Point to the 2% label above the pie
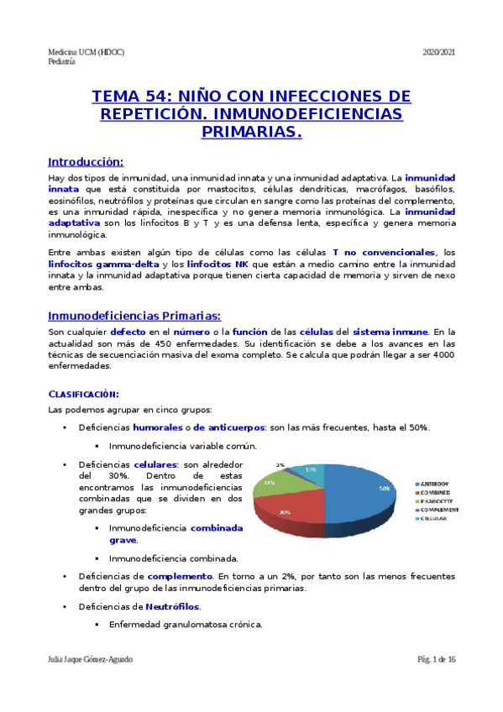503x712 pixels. click(x=280, y=464)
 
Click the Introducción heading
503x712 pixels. click(x=86, y=161)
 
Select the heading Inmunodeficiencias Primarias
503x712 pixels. click(x=134, y=316)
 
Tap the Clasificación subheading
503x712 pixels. click(x=83, y=394)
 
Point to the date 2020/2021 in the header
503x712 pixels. click(x=438, y=53)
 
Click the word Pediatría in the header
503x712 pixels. click(x=61, y=62)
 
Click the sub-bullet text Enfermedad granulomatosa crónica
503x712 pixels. click(x=186, y=624)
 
